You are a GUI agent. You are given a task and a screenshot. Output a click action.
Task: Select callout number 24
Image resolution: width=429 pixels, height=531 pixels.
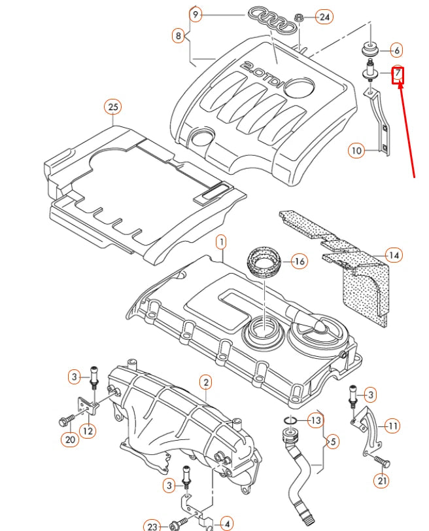323,17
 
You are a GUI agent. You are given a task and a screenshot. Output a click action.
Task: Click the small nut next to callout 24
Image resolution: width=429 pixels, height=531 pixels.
299,17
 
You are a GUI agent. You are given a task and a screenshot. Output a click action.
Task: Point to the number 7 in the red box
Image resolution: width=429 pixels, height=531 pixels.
398,75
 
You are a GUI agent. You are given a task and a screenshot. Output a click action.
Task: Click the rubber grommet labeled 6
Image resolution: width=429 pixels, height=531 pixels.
371,50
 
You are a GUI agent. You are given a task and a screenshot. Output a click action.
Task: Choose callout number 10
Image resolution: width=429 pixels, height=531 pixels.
356,151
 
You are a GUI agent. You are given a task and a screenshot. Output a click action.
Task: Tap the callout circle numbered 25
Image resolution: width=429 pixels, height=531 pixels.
112,106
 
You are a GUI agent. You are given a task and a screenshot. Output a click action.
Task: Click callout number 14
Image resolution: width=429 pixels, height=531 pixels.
393,255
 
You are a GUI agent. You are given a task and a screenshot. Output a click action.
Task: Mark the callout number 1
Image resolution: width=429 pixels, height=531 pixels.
221,243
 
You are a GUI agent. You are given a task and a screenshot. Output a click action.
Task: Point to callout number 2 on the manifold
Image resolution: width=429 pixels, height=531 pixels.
205,382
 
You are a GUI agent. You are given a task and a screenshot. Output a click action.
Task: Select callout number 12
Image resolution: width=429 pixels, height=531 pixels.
87,430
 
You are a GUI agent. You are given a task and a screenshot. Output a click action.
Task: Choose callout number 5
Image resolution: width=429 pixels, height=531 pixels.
332,442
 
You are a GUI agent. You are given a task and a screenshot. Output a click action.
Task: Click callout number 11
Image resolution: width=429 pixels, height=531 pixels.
392,426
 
